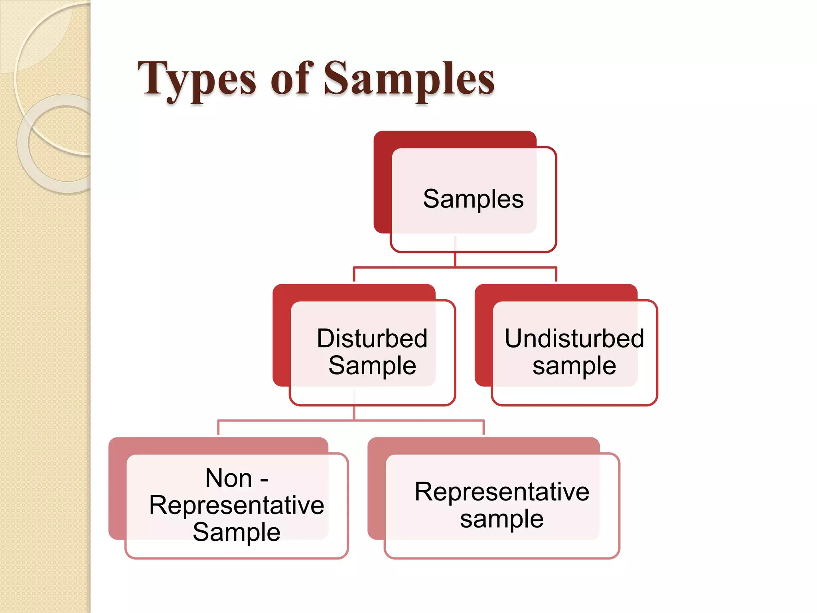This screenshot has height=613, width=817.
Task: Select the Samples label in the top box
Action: click(473, 199)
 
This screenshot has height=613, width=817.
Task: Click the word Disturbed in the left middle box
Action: click(372, 338)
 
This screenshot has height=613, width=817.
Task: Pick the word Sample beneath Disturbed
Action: click(372, 366)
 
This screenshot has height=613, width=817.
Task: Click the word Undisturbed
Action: click(574, 338)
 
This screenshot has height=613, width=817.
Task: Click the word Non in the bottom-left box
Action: click(229, 478)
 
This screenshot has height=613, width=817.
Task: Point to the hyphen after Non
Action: click(264, 479)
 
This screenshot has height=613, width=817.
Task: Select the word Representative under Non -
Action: click(237, 505)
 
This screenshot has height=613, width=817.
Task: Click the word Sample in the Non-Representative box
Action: click(237, 532)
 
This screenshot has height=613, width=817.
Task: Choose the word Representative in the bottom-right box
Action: click(502, 491)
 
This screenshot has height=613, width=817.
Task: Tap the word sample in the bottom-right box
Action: click(502, 519)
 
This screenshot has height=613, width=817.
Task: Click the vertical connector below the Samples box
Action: click(455, 259)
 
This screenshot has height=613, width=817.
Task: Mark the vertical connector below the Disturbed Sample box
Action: click(354, 413)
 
